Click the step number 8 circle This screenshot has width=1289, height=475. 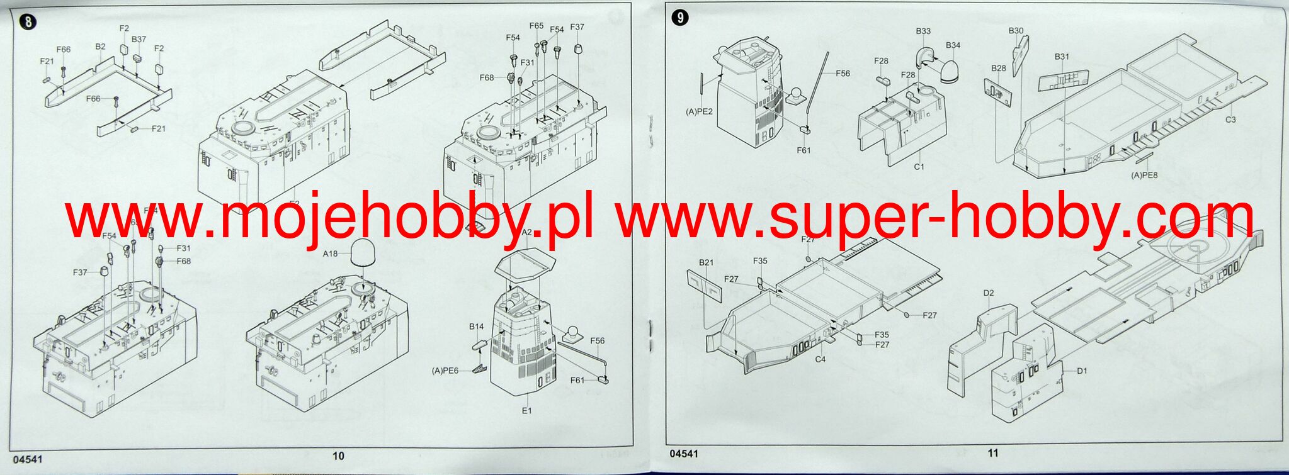pos(28,23)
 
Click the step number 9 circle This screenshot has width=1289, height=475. pos(680,18)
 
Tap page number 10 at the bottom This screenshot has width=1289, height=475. pos(338,455)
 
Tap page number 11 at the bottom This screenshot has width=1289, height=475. pos(993,453)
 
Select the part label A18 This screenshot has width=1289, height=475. pos(330,254)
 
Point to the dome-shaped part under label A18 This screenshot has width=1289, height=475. pos(364,253)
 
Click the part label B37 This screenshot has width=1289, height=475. pos(139,39)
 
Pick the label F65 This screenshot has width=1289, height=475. pos(536,26)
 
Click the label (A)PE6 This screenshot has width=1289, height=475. pos(445,371)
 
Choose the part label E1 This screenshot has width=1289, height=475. pos(526,410)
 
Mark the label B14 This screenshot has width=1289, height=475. pos(476,327)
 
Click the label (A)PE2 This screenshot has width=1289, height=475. pos(699,111)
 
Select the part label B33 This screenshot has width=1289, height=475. pos(923,31)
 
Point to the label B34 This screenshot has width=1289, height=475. pos(953,45)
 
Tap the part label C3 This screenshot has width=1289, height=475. pos(1230,120)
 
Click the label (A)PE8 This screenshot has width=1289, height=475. pos(1144,175)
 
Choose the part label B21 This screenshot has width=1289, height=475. pos(706,262)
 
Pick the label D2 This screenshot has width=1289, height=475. pos(988,293)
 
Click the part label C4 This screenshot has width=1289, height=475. pos(820,359)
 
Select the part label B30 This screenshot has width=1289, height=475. pos(1016,30)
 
